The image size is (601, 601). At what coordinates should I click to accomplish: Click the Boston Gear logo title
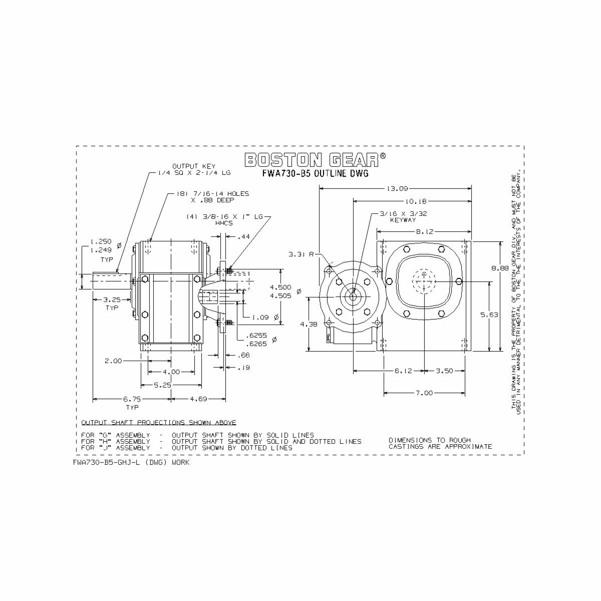[x=315, y=160]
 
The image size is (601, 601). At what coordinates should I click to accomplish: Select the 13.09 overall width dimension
[x=398, y=189]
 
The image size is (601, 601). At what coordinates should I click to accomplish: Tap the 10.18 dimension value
[x=415, y=201]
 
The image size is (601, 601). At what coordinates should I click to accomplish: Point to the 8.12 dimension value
[x=424, y=232]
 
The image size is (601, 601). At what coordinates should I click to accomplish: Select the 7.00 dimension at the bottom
[x=424, y=393]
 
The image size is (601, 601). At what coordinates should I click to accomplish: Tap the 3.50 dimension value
[x=444, y=371]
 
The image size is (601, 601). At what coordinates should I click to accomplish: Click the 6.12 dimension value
[x=403, y=371]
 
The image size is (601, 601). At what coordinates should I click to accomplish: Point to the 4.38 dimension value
[x=309, y=324]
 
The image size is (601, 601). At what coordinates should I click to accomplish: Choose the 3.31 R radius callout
[x=300, y=254]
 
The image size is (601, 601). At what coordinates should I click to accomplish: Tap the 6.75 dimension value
[x=132, y=399]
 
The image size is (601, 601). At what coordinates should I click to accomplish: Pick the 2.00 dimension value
[x=113, y=361]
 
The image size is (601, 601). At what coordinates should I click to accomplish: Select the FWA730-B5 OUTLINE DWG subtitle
[x=315, y=174]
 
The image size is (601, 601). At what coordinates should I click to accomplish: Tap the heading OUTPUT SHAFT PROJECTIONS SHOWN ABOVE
[x=159, y=422]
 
